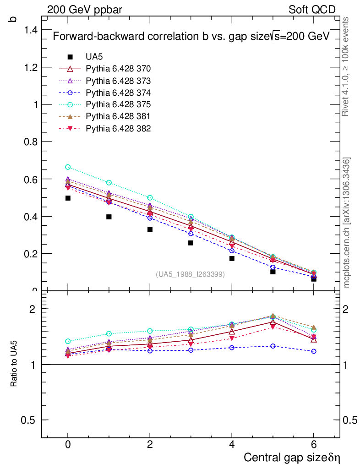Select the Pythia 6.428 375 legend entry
pos(119,104)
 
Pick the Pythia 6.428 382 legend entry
pos(119,128)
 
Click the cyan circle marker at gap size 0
pos(68,167)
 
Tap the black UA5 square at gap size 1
pos(109,217)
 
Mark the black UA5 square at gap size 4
pos(232,258)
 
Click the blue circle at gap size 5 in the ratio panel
pos(273,346)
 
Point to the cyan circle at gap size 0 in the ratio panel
pos(68,341)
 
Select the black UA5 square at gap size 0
pos(68,198)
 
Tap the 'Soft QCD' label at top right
pos(312,10)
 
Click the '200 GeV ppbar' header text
pos(84,10)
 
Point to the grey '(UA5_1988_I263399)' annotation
pos(191,274)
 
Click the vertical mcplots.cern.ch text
pos(347,223)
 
